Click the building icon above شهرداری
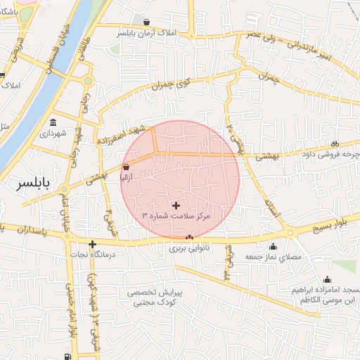[53, 121]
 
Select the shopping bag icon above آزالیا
[126, 167]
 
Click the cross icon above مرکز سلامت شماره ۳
[175, 205]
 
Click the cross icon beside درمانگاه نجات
[91, 244]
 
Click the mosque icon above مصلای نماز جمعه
[274, 246]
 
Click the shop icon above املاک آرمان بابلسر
[146, 22]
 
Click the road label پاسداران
[34, 230]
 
